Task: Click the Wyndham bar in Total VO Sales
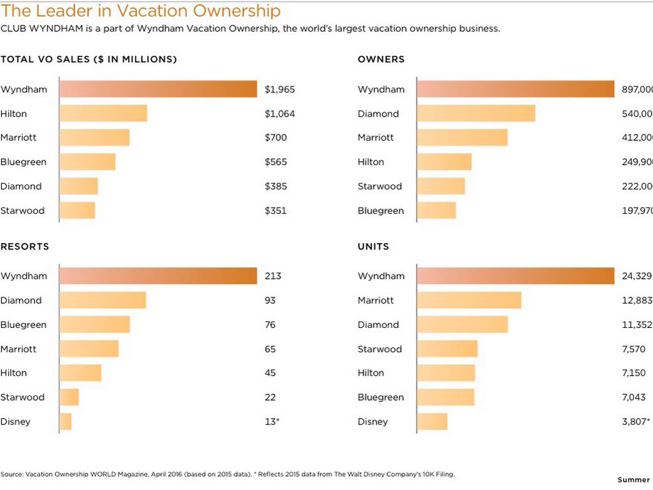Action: (158, 89)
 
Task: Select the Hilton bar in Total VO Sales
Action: (103, 114)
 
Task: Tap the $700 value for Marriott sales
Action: (275, 138)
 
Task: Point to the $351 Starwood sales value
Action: (275, 211)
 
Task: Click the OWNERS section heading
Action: (381, 59)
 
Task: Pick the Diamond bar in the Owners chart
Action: (476, 114)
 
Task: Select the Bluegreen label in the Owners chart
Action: (381, 211)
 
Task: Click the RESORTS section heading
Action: (25, 246)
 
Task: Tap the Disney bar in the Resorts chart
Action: (66, 422)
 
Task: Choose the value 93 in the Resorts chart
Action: (270, 301)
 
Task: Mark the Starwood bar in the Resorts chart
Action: (69, 397)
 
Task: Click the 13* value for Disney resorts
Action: (272, 422)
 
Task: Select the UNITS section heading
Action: (373, 246)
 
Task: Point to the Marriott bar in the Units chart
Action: (469, 301)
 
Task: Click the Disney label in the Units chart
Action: (372, 422)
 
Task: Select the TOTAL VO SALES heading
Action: (89, 59)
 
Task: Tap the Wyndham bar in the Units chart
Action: (515, 276)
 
